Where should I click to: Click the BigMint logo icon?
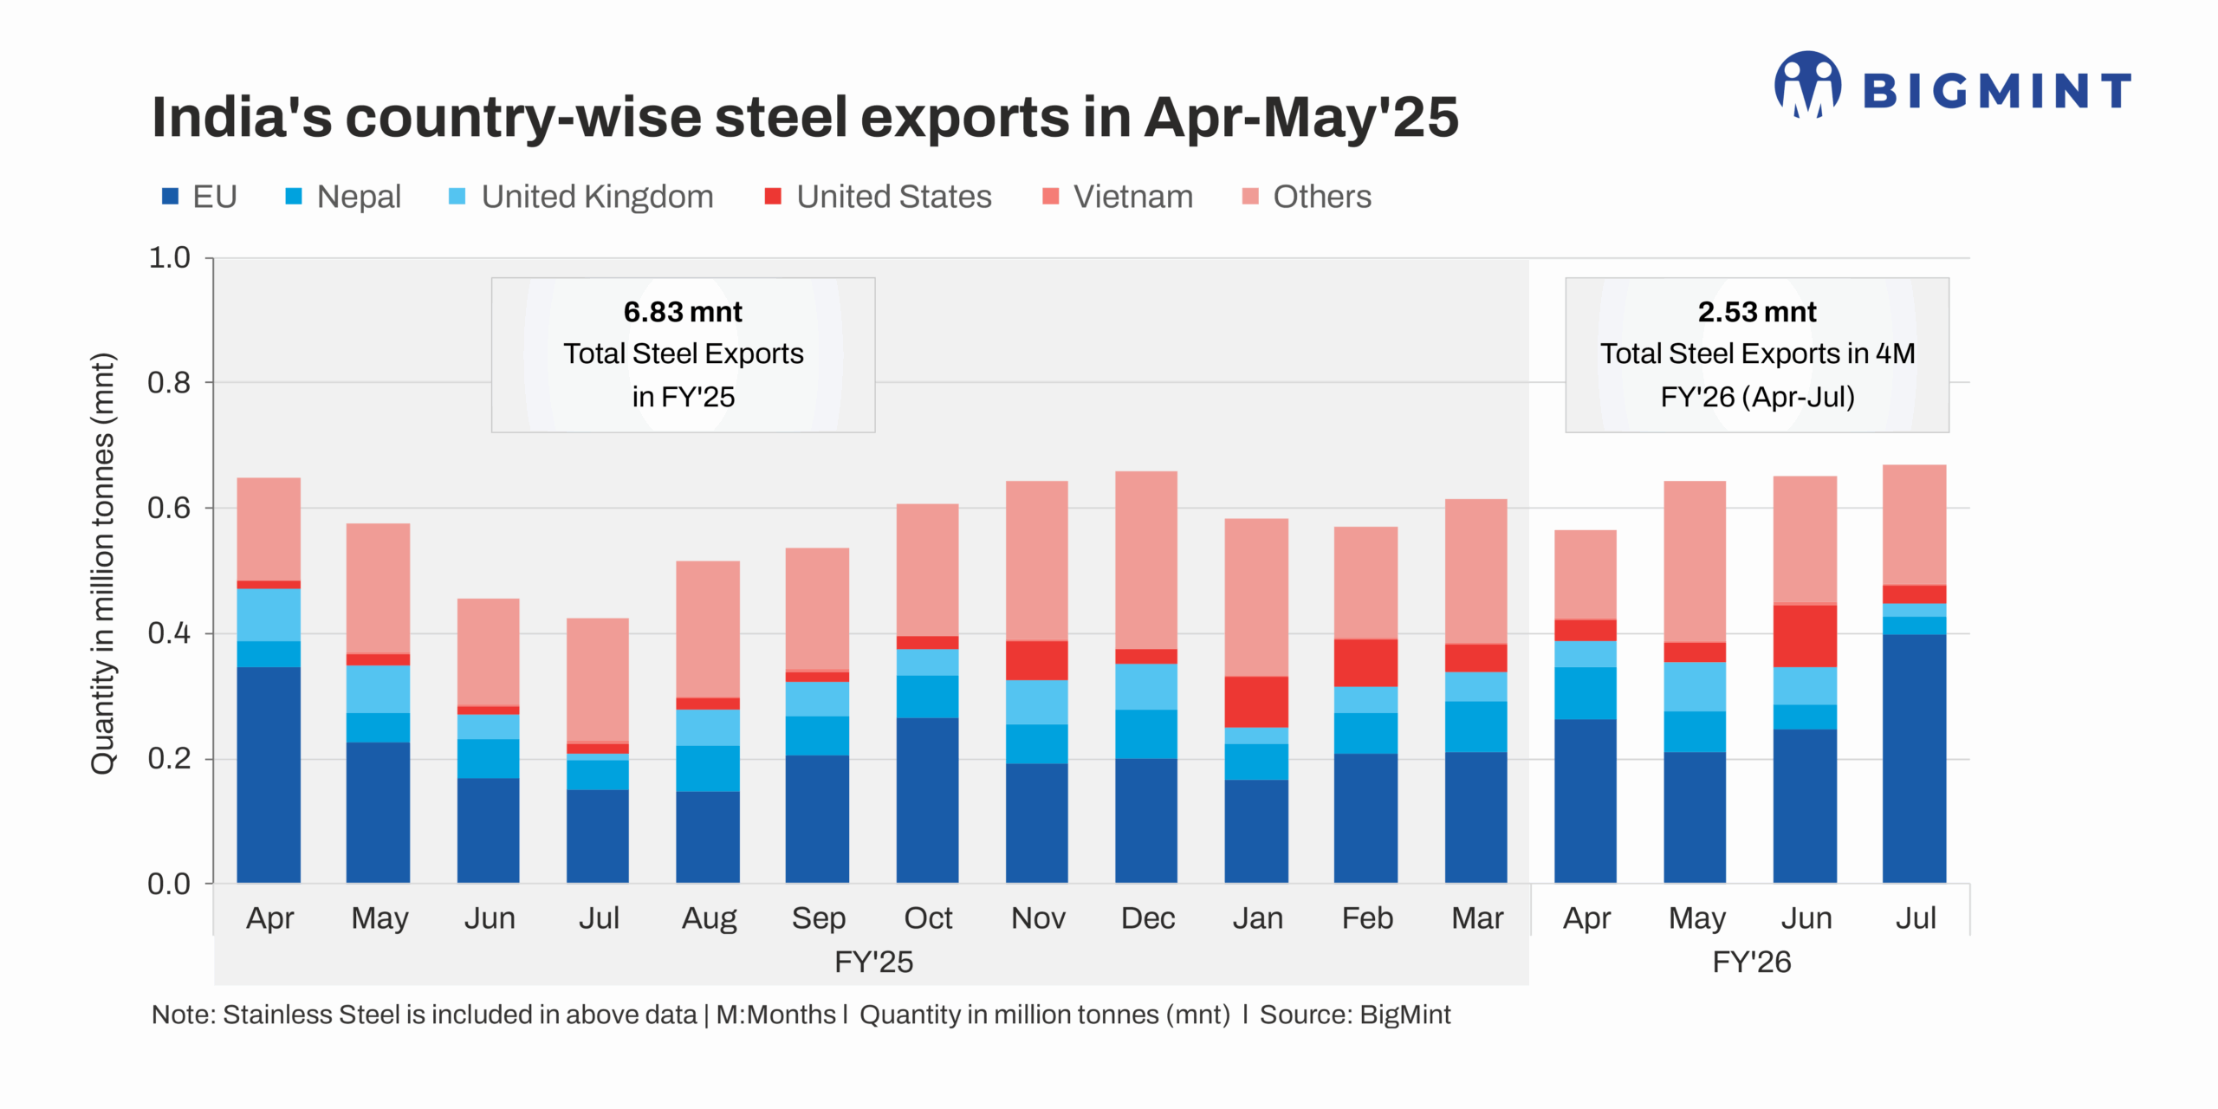pyautogui.click(x=1807, y=85)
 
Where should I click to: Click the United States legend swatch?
pyautogui.click(x=773, y=197)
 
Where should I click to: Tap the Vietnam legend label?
pyautogui.click(x=1132, y=198)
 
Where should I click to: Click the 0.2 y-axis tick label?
pyautogui.click(x=169, y=759)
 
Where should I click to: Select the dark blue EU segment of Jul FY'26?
pyautogui.click(x=1914, y=758)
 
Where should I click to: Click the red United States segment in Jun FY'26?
pyautogui.click(x=1805, y=635)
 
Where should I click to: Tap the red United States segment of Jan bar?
pyautogui.click(x=1256, y=701)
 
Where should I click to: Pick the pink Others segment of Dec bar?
pyautogui.click(x=1146, y=559)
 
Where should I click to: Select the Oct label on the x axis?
pyautogui.click(x=927, y=918)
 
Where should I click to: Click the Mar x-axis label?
pyautogui.click(x=1476, y=918)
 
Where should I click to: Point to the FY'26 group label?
pyautogui.click(x=1751, y=962)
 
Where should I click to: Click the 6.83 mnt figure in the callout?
pyautogui.click(x=683, y=312)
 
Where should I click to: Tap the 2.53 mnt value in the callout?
pyautogui.click(x=1756, y=312)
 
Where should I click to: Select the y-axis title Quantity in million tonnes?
pyautogui.click(x=102, y=563)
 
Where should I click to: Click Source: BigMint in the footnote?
pyautogui.click(x=1354, y=1015)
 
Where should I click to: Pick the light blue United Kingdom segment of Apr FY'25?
pyautogui.click(x=269, y=614)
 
